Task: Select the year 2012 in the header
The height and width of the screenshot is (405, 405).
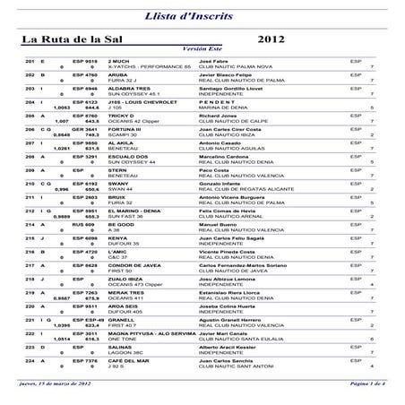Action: pos(272,39)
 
